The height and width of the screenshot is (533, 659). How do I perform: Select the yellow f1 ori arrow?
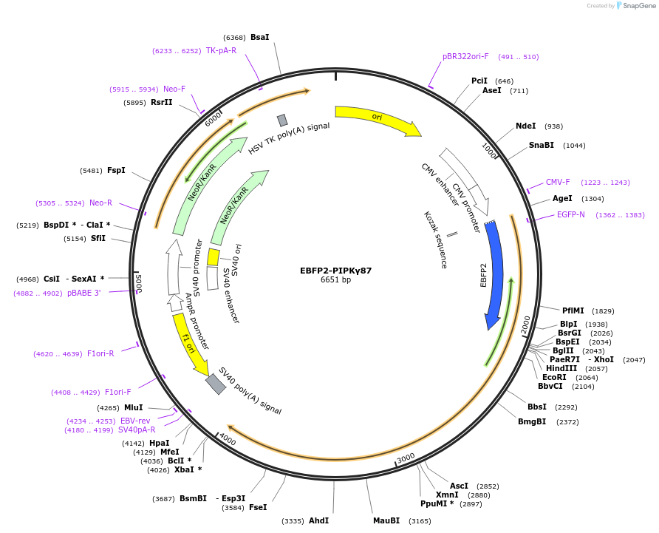coord(189,342)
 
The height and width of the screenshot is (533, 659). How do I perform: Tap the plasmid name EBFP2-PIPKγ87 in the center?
coord(335,270)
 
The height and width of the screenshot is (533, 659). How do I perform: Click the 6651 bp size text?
coord(335,280)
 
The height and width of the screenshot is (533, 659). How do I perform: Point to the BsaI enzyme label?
coord(260,37)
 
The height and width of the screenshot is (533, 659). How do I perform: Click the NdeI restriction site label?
coord(525,126)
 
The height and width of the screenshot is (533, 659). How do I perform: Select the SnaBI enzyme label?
coord(541,145)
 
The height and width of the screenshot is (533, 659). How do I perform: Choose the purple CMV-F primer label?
coord(558,182)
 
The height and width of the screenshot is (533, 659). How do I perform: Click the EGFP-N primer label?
coord(571,215)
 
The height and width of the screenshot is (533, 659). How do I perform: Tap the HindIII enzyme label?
coord(561,368)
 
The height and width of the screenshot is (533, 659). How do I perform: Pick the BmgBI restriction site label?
coord(533,421)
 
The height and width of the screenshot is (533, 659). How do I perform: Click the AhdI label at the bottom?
coord(318,520)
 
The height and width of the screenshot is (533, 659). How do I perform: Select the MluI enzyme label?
coord(134,407)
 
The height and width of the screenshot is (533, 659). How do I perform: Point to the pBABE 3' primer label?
coord(83,293)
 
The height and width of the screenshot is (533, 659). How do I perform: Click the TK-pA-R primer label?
coord(221,51)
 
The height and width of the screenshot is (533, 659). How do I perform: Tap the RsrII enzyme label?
coord(161,102)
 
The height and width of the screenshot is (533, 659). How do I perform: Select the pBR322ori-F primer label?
coord(465,56)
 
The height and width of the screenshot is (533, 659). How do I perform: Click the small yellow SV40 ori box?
coord(213,257)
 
